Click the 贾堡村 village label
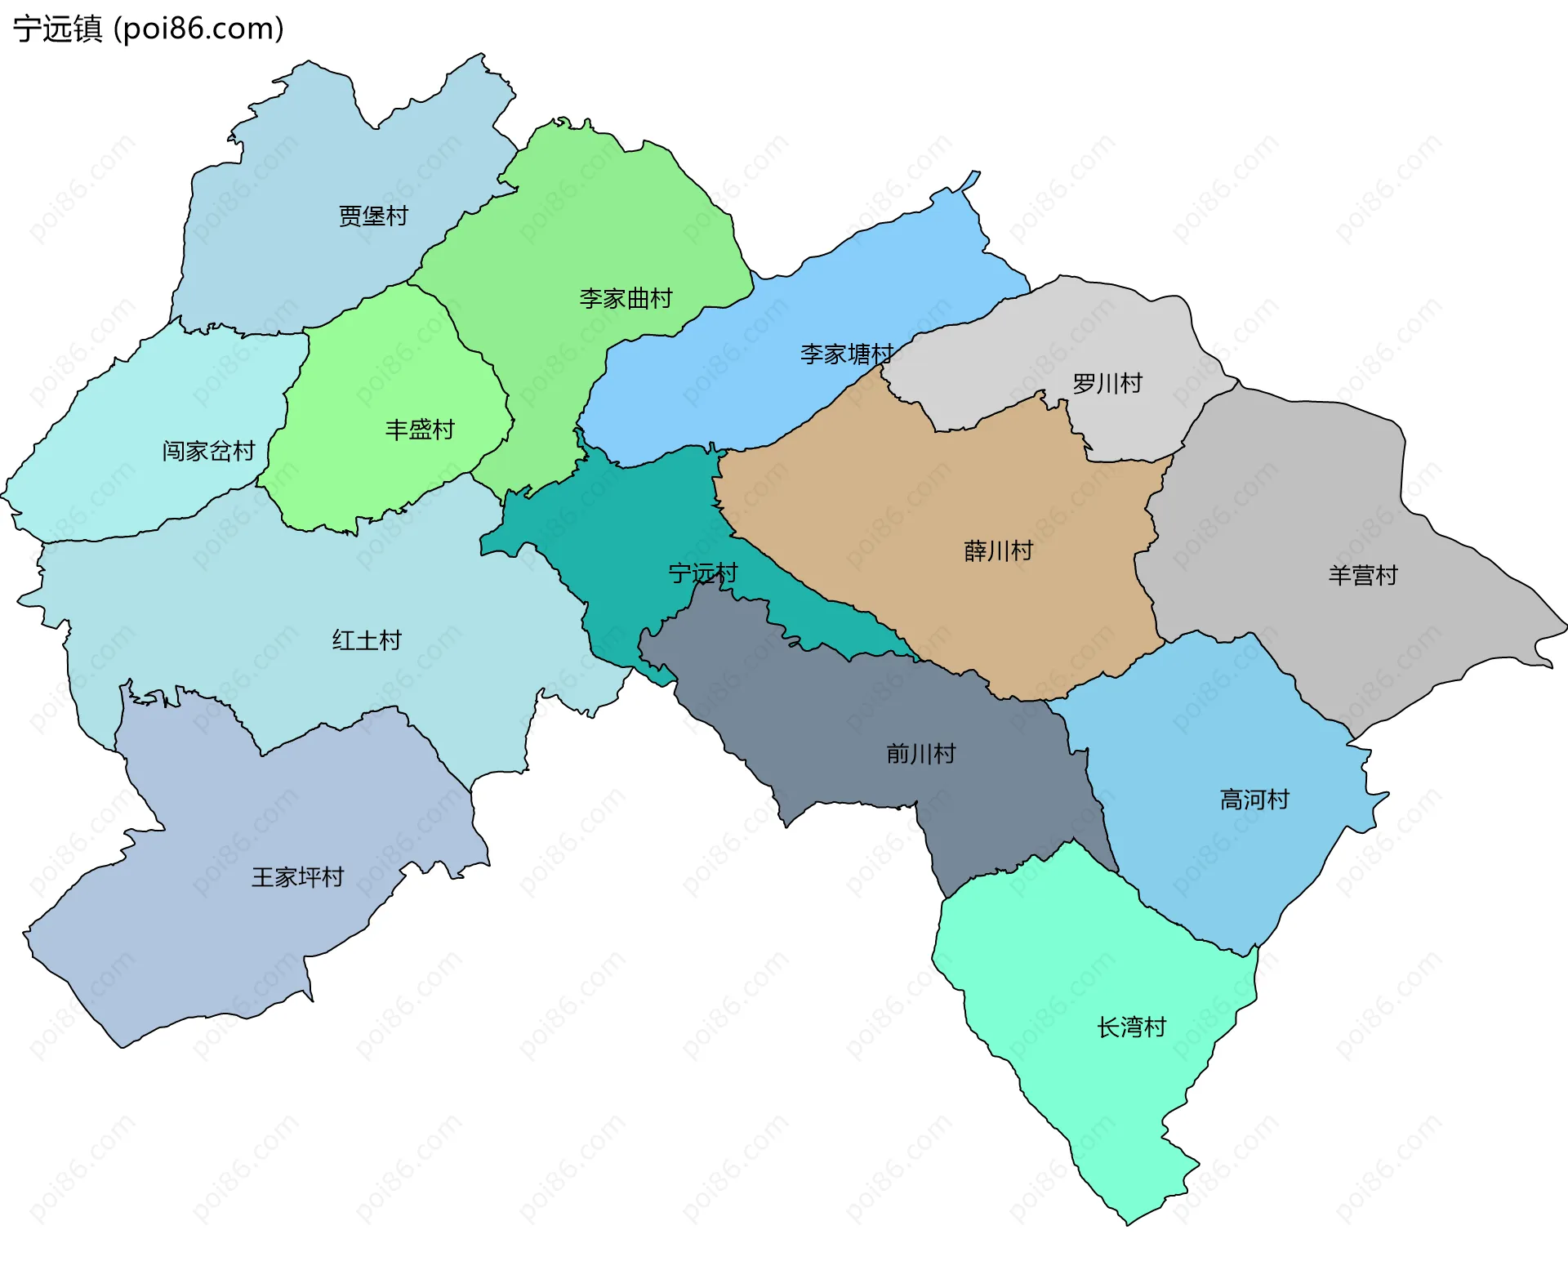[373, 216]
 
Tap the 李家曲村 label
[626, 299]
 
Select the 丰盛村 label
[420, 430]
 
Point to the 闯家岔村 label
[208, 451]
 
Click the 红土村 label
[367, 640]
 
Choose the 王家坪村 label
[297, 877]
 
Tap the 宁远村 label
[702, 573]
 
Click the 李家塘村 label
[846, 354]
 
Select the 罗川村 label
[1107, 384]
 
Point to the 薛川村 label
[998, 551]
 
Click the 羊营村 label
[1362, 576]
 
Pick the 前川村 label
[920, 754]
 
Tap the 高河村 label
[1254, 800]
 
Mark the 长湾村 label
[1131, 1027]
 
